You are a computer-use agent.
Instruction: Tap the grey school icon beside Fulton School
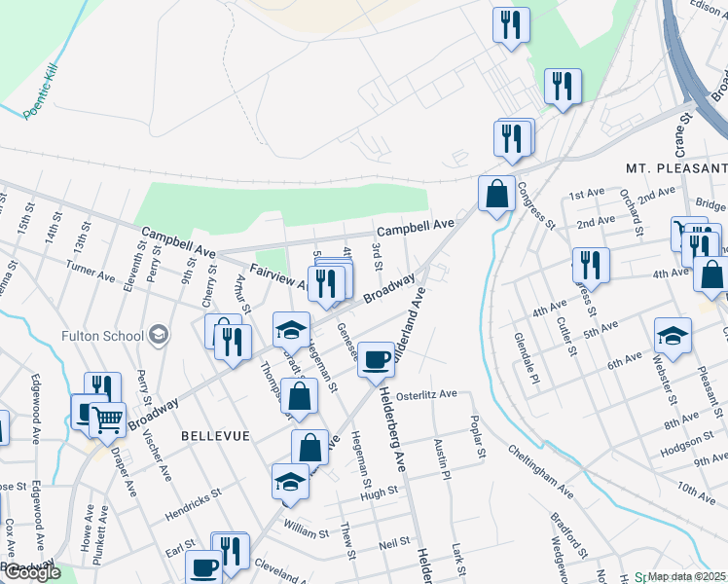(158, 336)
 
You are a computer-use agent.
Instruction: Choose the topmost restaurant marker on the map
(511, 24)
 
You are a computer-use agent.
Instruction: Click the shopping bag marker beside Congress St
(496, 193)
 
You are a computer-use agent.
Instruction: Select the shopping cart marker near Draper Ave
(108, 420)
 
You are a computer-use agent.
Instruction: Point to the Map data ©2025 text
(687, 576)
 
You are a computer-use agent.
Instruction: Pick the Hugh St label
(374, 494)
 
